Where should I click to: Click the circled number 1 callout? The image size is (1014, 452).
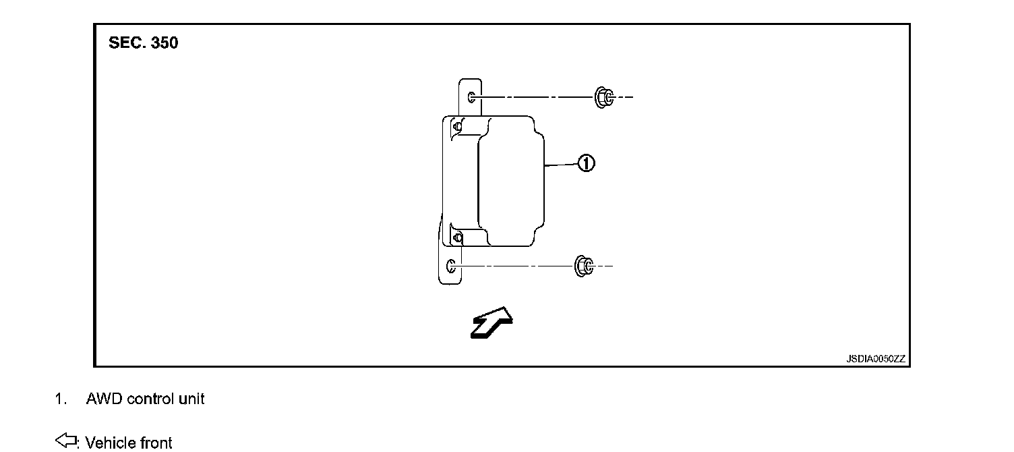586,163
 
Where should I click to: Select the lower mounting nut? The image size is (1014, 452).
583,266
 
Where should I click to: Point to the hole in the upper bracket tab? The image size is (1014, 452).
472,98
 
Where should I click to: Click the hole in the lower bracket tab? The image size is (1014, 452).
452,266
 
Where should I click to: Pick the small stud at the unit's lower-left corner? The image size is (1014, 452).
458,237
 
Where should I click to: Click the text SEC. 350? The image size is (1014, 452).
144,44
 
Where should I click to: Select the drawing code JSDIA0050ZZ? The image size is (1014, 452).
876,359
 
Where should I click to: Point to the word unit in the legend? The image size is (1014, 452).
191,399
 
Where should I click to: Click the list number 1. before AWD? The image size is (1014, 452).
61,399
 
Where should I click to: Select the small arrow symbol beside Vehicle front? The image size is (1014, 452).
65,441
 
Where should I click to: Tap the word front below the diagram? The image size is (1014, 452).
156,443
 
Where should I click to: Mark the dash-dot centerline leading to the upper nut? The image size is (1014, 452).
533,98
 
